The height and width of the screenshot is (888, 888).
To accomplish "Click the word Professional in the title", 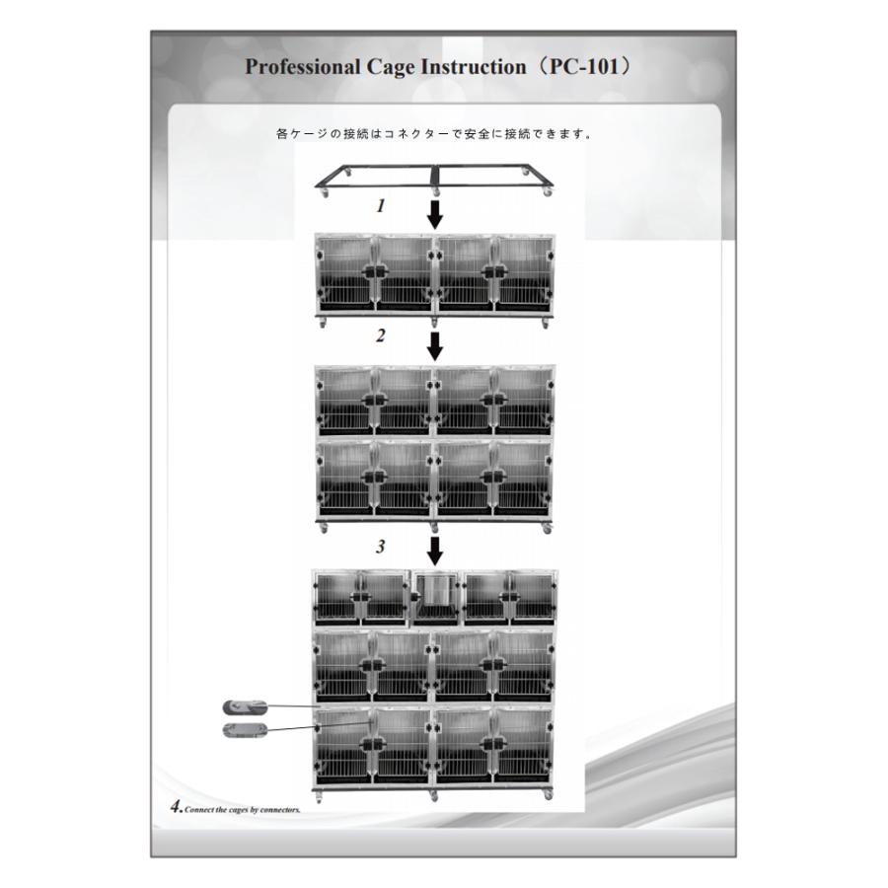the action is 303,67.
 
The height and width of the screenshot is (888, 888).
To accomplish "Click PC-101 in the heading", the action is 583,66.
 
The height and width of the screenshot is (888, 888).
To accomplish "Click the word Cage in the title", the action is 390,67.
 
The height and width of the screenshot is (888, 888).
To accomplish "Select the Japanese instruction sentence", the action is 434,134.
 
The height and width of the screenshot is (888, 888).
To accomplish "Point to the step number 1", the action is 381,205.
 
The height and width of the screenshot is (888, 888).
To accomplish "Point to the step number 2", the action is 381,335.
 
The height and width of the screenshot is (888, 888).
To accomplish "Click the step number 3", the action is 381,546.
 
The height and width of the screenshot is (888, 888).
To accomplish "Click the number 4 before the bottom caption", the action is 177,806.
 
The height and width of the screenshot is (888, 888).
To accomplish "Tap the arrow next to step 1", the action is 434,213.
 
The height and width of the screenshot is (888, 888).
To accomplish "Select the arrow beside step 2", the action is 434,346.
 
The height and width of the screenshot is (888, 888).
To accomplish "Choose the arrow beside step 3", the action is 434,551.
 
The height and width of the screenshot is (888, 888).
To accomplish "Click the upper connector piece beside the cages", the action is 245,706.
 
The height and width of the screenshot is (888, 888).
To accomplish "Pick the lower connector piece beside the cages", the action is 244,730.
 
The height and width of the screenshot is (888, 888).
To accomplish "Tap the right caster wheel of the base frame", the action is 547,192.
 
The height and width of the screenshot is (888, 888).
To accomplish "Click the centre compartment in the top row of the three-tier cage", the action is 434,598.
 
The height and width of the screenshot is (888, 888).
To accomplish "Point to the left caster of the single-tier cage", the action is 323,324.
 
